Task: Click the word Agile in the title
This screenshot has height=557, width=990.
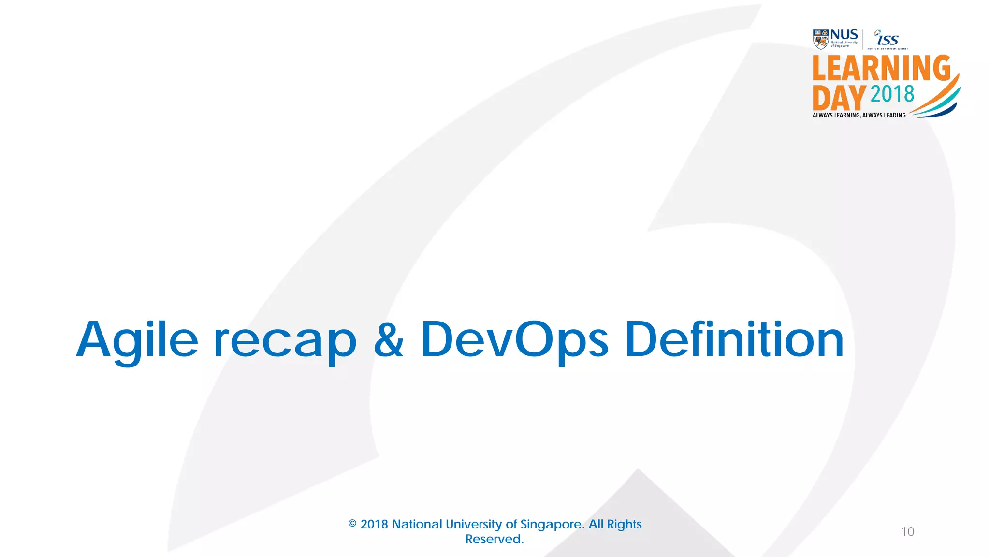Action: tap(137, 340)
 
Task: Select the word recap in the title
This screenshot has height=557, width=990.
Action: tap(284, 340)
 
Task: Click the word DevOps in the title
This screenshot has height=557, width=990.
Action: tap(514, 340)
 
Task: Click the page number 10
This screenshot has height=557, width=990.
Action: tap(907, 532)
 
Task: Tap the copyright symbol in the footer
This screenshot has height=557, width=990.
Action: tap(352, 524)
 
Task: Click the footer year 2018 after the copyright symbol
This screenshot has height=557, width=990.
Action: tap(374, 524)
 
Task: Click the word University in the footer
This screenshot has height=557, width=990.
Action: tap(474, 524)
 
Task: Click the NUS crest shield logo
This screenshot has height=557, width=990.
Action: tap(820, 39)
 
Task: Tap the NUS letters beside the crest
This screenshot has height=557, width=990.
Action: tap(844, 35)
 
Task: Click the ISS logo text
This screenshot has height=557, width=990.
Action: tap(888, 39)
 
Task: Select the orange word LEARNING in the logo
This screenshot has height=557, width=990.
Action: tap(881, 68)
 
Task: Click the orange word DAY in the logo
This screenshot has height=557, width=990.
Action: tap(839, 98)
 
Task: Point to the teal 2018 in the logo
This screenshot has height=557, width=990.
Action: tap(892, 94)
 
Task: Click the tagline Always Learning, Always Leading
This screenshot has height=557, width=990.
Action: tap(859, 115)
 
